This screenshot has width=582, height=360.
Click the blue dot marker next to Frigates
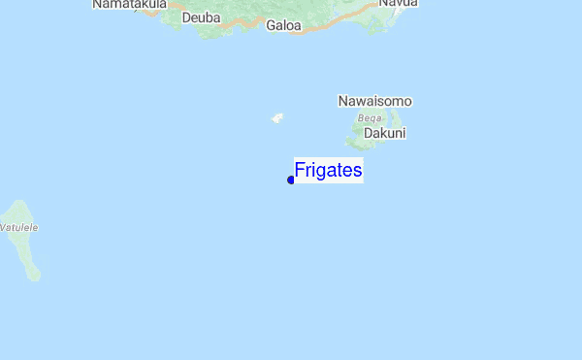pyautogui.click(x=291, y=180)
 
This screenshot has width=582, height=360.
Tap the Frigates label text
pyautogui.click(x=328, y=171)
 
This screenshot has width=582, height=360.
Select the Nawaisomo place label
pyautogui.click(x=375, y=101)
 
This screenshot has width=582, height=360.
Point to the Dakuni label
pyautogui.click(x=385, y=133)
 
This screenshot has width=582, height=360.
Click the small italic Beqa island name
pyautogui.click(x=370, y=117)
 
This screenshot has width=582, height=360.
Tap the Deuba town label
pyautogui.click(x=201, y=17)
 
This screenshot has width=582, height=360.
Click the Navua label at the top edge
pyautogui.click(x=398, y=4)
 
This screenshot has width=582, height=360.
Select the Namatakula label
pyautogui.click(x=130, y=5)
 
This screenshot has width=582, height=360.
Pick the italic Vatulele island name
pyautogui.click(x=18, y=227)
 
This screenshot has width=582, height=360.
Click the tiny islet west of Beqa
pyautogui.click(x=276, y=118)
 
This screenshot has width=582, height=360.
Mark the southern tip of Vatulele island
pyautogui.click(x=36, y=277)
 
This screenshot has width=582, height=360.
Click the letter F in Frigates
pyautogui.click(x=300, y=171)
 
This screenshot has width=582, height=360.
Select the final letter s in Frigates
pyautogui.click(x=358, y=172)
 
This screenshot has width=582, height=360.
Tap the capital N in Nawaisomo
pyautogui.click(x=343, y=101)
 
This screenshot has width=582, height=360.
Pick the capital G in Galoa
pyautogui.click(x=271, y=25)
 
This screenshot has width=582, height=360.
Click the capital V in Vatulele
pyautogui.click(x=3, y=227)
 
